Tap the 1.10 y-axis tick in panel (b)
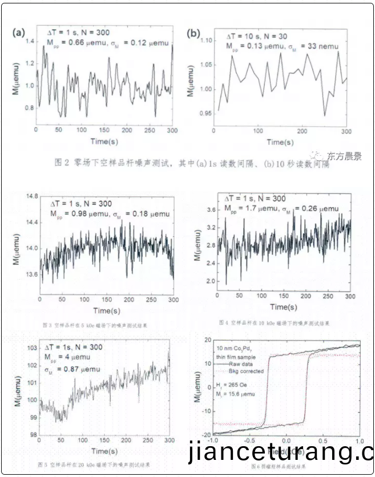pos(204,40)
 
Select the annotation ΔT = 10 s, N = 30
pos(260,35)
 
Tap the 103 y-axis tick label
pos(30,347)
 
